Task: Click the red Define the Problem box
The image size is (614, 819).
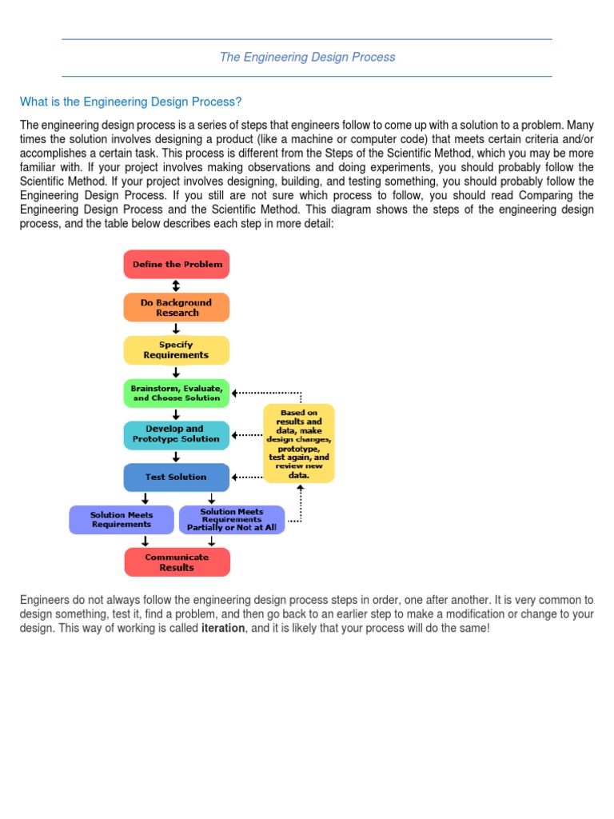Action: (x=177, y=264)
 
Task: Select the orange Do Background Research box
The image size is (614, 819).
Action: (x=177, y=307)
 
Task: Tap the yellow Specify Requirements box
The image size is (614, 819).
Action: (x=177, y=350)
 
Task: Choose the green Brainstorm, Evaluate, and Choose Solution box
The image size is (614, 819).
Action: (x=177, y=393)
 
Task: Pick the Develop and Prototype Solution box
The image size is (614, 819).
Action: (x=177, y=434)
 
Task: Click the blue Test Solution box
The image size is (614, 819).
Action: (x=177, y=477)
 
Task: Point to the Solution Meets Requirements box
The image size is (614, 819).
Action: (x=122, y=520)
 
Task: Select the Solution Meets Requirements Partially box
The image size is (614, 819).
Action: (x=232, y=520)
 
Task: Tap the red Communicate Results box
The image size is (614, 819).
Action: (x=177, y=562)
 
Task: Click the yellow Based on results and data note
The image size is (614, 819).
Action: (x=299, y=443)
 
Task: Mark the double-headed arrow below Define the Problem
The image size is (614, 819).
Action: (x=177, y=286)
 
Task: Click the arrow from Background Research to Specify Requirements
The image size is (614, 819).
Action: (x=177, y=329)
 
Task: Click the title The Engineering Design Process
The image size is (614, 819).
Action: (x=307, y=58)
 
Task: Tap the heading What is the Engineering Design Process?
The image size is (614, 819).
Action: (x=130, y=102)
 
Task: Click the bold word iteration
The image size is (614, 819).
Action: (x=223, y=629)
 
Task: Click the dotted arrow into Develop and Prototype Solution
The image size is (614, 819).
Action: (x=248, y=435)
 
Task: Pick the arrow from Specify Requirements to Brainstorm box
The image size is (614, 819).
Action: (x=177, y=372)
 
